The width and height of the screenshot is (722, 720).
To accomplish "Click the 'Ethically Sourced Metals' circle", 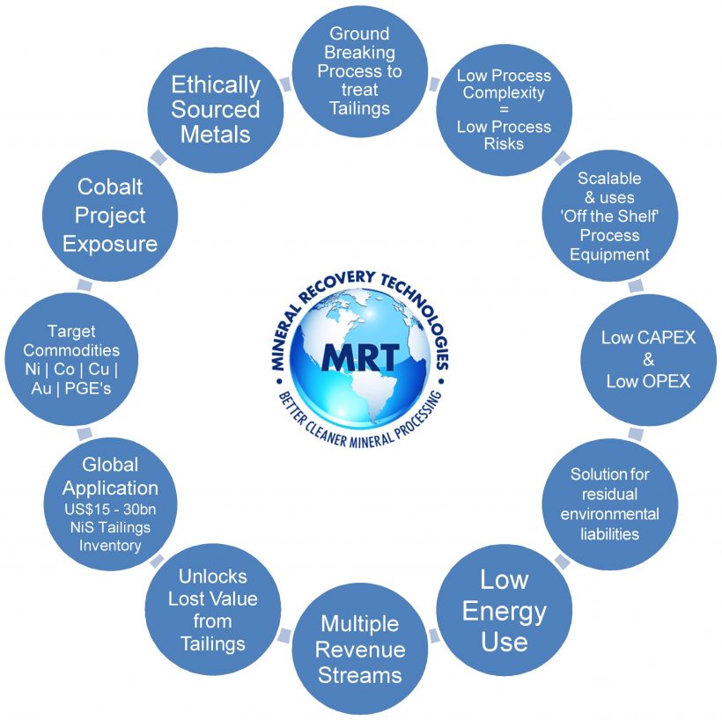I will [x=216, y=110].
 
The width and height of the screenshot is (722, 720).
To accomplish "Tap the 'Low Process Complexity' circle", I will [x=504, y=110].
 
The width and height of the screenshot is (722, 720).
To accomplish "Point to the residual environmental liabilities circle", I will [x=609, y=504].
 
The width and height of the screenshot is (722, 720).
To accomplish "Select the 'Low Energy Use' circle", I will [x=505, y=610].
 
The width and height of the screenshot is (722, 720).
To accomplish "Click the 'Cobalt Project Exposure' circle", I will [x=110, y=216].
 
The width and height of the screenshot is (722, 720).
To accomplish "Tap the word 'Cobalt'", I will [x=110, y=187].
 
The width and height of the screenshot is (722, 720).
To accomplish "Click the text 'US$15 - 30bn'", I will [x=109, y=510].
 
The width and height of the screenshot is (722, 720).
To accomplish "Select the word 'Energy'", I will [x=505, y=610].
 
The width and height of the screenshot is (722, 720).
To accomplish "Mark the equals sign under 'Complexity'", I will [x=504, y=110].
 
